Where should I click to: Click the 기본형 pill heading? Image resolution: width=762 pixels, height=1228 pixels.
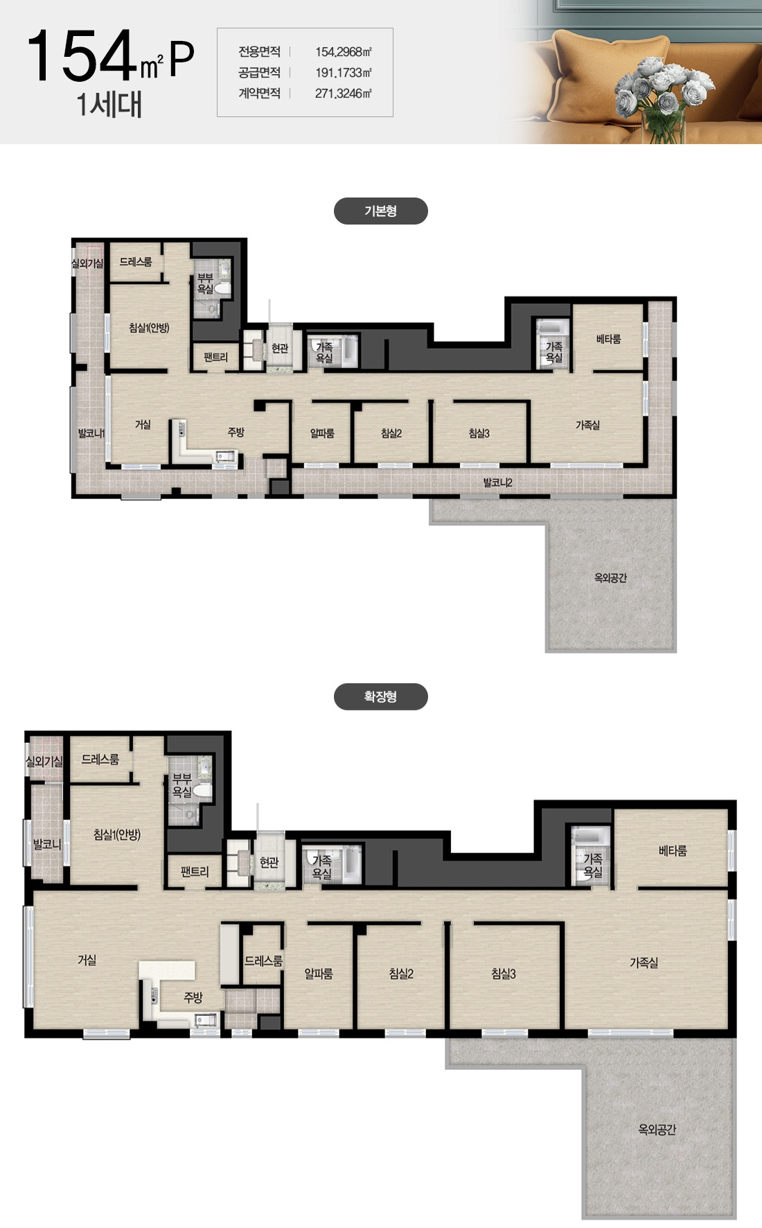click(380, 211)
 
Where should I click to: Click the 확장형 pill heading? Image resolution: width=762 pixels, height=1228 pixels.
click(380, 696)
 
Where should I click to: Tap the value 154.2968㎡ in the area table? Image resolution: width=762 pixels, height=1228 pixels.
click(344, 52)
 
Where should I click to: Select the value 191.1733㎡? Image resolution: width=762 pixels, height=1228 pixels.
click(344, 73)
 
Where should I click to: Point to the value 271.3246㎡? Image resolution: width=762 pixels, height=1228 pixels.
click(344, 94)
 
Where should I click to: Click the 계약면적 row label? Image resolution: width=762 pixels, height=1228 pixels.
click(260, 94)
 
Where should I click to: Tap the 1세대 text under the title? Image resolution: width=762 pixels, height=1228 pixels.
click(109, 105)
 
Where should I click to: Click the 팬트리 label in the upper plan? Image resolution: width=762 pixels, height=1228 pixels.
click(215, 358)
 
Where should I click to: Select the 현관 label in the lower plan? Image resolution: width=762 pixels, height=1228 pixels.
click(269, 862)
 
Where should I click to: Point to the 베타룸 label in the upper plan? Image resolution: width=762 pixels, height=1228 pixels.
click(608, 339)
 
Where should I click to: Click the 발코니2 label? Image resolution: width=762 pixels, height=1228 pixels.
click(497, 482)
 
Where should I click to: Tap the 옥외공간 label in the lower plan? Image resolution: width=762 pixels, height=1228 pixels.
click(657, 1130)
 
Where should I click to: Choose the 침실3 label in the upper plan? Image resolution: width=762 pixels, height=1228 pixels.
click(479, 433)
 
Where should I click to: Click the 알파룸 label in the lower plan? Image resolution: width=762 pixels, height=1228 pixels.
click(319, 974)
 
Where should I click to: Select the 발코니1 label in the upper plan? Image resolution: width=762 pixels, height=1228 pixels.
click(91, 434)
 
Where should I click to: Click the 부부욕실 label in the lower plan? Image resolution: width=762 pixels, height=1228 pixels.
click(181, 785)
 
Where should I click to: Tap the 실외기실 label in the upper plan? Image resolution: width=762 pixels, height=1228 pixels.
click(87, 263)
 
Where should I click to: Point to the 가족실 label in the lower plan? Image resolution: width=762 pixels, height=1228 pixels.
click(644, 963)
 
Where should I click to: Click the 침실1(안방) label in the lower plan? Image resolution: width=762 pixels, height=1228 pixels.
click(117, 834)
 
